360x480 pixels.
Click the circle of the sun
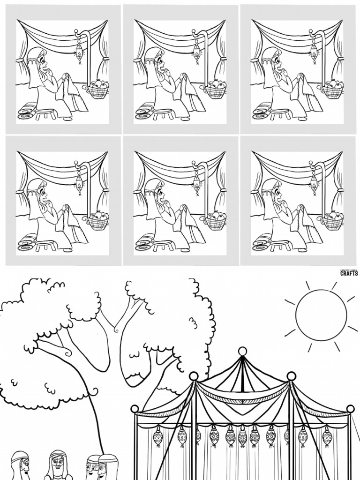322,315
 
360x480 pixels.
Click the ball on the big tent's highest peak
242,351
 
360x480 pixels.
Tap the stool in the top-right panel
279,112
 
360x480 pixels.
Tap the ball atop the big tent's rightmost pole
350,409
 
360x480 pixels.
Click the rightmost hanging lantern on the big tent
327,437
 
